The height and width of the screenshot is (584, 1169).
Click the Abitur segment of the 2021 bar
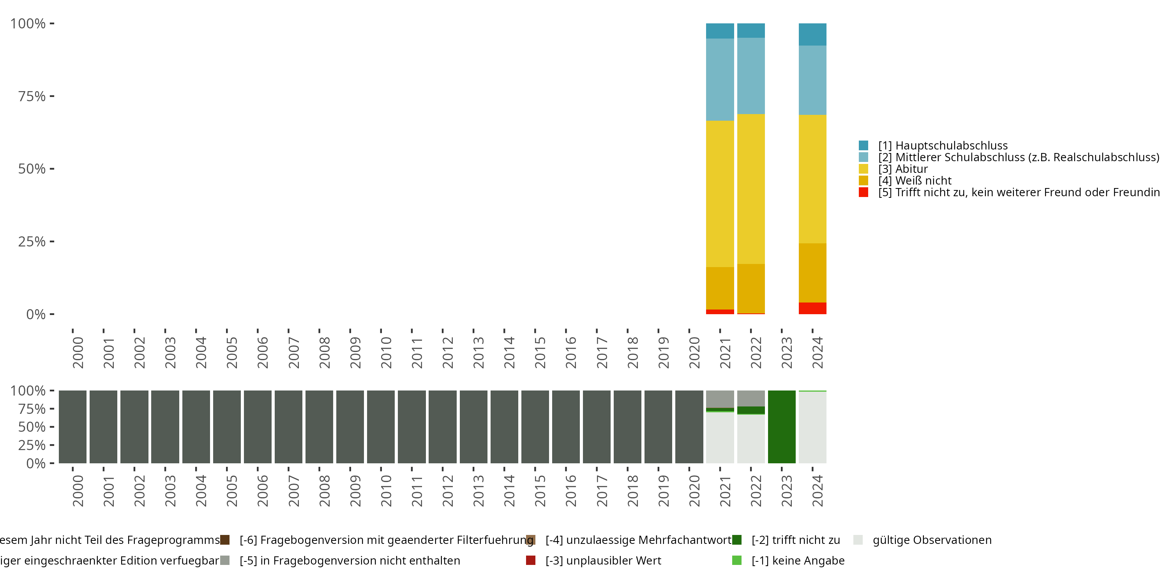click(x=720, y=193)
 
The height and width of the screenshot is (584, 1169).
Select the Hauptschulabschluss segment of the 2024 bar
click(x=812, y=35)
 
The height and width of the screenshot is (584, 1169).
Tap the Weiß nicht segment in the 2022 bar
click(x=750, y=288)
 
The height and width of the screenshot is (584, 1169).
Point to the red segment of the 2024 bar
click(x=812, y=308)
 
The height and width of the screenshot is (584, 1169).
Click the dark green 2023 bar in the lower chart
click(x=781, y=427)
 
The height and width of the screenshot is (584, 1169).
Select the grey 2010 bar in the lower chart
click(x=381, y=427)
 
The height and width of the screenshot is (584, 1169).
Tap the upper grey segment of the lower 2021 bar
click(x=720, y=399)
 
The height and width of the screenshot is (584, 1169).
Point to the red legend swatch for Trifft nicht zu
click(x=863, y=192)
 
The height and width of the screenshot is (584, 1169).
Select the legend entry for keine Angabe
click(x=798, y=560)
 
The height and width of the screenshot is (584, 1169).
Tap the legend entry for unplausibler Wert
click(x=603, y=560)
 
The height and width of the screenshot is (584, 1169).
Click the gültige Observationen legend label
click(x=932, y=540)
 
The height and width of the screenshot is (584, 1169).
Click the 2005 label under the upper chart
click(x=231, y=353)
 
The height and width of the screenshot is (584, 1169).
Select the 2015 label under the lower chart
click(x=540, y=491)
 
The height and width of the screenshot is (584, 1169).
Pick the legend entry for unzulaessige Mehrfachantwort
click(x=638, y=540)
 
